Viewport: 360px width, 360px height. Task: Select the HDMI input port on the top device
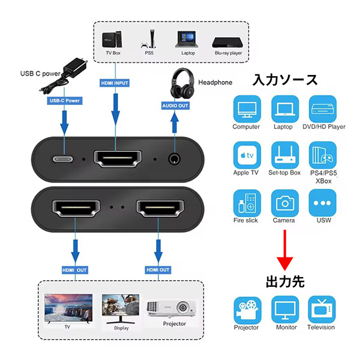(x=118, y=160)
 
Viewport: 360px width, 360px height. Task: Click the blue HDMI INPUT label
(x=114, y=82)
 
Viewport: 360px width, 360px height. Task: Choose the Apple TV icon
(x=246, y=155)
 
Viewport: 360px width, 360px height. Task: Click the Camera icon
(x=285, y=202)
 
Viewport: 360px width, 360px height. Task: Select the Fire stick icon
(x=246, y=202)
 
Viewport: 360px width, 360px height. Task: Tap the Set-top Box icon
(x=285, y=155)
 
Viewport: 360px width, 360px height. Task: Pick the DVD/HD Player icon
(x=323, y=109)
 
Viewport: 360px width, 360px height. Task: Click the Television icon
(x=321, y=309)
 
